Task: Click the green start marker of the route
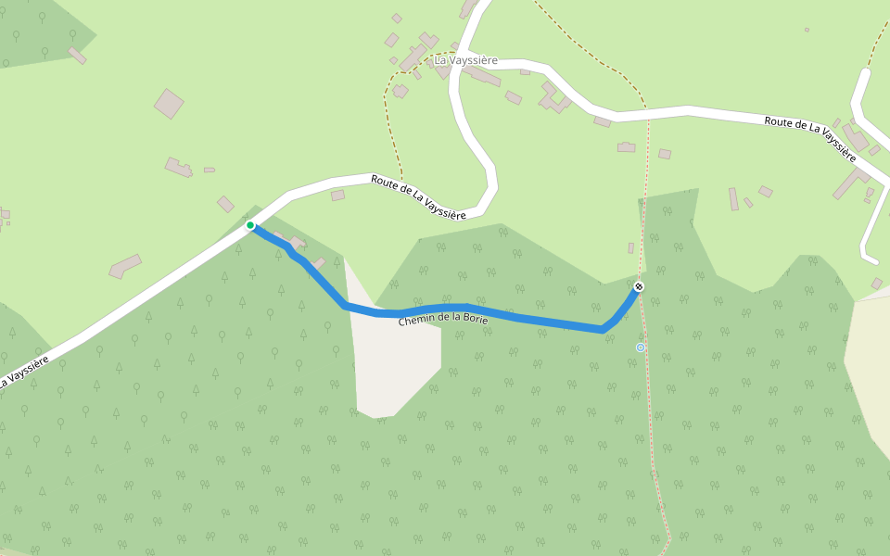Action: [x=250, y=225]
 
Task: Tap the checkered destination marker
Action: [x=639, y=286]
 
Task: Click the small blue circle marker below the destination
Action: [x=641, y=347]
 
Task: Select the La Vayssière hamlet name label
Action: [x=465, y=60]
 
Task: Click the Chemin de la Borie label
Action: [x=443, y=318]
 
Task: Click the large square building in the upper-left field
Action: [x=169, y=104]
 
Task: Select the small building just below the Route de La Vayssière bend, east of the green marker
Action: [x=337, y=196]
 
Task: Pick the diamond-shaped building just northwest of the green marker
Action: [x=226, y=204]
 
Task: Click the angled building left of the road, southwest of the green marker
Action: [x=125, y=267]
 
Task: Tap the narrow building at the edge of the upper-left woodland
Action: [x=77, y=56]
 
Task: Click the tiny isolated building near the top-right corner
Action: [x=807, y=30]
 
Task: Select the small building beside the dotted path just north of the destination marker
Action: [x=630, y=248]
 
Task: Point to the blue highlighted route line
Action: [x=519, y=315]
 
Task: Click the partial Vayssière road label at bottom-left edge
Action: [x=22, y=373]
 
